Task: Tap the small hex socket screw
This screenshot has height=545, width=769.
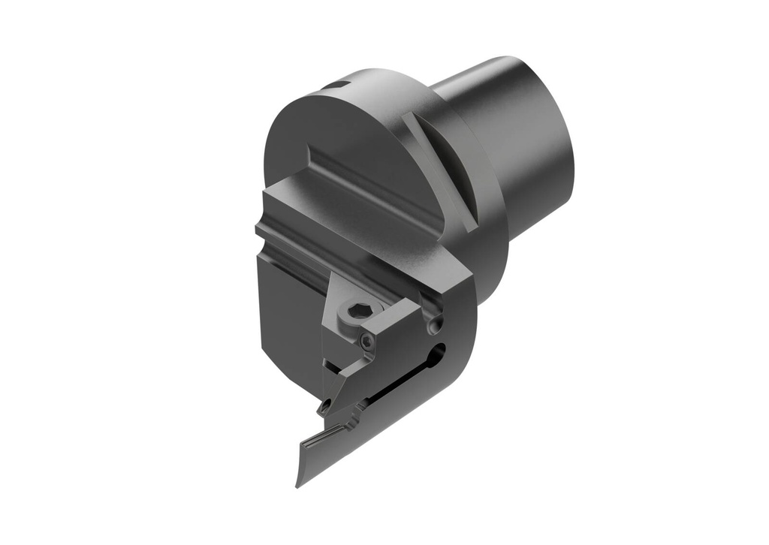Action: pos(366,342)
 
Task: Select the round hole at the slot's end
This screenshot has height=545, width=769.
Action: pos(439,351)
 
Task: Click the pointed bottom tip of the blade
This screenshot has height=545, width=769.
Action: pos(299,483)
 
